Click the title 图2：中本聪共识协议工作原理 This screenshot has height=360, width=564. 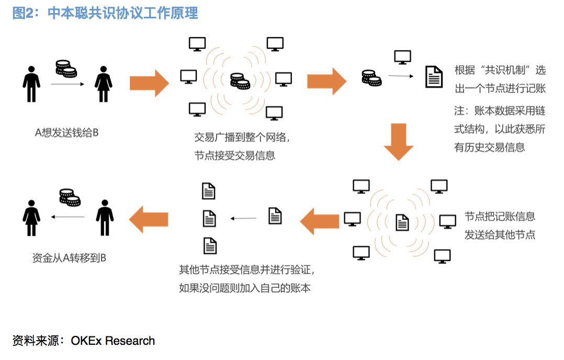(105, 13)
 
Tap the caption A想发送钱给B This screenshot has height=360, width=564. (66, 133)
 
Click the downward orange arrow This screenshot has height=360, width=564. (399, 140)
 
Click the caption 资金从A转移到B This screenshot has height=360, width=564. (69, 257)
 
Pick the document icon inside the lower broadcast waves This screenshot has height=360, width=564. (402, 222)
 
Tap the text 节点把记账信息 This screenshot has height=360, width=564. (500, 217)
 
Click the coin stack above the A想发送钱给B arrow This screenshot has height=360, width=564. (66, 69)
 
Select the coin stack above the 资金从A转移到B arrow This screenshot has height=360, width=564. (69, 197)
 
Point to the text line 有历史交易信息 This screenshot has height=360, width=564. (489, 148)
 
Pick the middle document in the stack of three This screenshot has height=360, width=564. (209, 218)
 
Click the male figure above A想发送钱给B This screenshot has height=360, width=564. (31, 84)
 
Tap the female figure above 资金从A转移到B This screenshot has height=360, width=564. (31, 217)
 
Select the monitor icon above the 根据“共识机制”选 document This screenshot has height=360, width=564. (402, 57)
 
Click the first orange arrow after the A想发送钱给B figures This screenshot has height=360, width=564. (149, 83)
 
